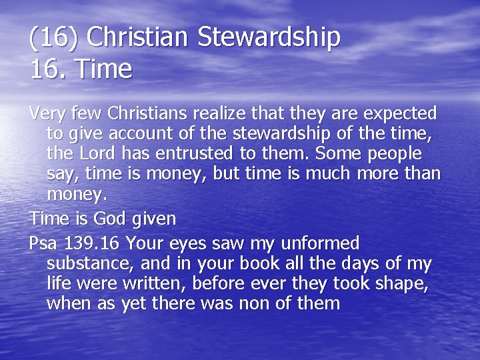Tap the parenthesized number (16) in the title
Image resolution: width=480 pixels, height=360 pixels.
[x=53, y=37]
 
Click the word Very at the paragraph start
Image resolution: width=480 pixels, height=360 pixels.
[x=49, y=113]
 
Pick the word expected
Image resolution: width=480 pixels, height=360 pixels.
[x=397, y=113]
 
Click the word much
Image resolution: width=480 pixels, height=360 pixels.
[x=318, y=174]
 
